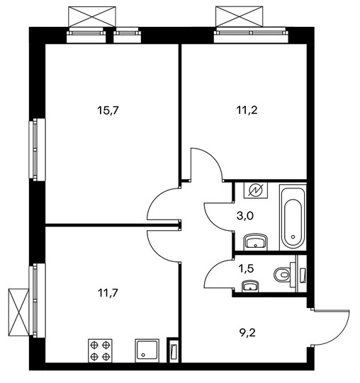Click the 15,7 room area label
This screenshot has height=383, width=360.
click(108, 110)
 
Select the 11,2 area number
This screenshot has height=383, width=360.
click(247, 110)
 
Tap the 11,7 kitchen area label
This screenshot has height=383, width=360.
click(108, 292)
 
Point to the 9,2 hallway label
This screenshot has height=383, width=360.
click(247, 333)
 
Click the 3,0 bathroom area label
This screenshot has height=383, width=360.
click(245, 216)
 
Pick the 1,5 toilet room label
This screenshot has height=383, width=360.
click(246, 268)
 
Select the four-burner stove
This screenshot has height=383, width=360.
click(100, 351)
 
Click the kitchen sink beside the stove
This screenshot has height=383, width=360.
click(147, 350)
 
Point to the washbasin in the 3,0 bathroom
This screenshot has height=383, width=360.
click(256, 242)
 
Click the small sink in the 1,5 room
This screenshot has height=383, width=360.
click(250, 286)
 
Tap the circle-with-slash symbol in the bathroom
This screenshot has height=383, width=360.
click(256, 190)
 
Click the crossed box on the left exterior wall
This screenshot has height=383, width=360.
click(18, 312)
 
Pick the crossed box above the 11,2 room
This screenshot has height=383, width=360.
click(240, 16)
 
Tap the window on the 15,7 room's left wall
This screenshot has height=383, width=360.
click(37, 150)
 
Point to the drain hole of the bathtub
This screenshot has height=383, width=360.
click(293, 236)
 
